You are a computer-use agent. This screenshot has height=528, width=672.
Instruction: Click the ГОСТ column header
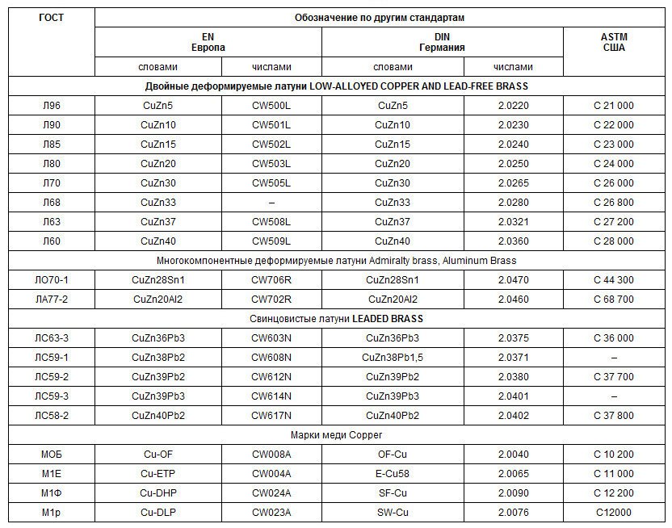(x=51, y=17)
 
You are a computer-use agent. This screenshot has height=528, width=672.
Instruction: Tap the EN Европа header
(x=208, y=42)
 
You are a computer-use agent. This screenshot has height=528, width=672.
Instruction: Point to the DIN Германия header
(x=442, y=42)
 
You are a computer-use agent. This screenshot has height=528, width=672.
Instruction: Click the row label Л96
(x=51, y=106)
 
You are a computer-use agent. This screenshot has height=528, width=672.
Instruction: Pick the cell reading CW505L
(x=271, y=183)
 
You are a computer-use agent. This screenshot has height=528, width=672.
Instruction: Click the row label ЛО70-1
(x=51, y=280)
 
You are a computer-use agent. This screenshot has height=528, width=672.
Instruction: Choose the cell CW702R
(x=271, y=300)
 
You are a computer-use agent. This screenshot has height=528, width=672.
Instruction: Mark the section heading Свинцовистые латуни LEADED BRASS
(x=336, y=319)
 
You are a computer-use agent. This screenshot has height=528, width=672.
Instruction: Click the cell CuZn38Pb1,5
(x=393, y=358)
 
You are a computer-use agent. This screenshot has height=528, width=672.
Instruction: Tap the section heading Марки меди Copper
(x=336, y=435)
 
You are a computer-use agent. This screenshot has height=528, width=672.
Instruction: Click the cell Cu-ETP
(x=158, y=474)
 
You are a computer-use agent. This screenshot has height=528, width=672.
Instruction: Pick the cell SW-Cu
(x=393, y=513)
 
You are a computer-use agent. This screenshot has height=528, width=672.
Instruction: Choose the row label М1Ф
(x=51, y=493)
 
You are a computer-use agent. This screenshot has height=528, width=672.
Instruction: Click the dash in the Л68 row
(x=271, y=203)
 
